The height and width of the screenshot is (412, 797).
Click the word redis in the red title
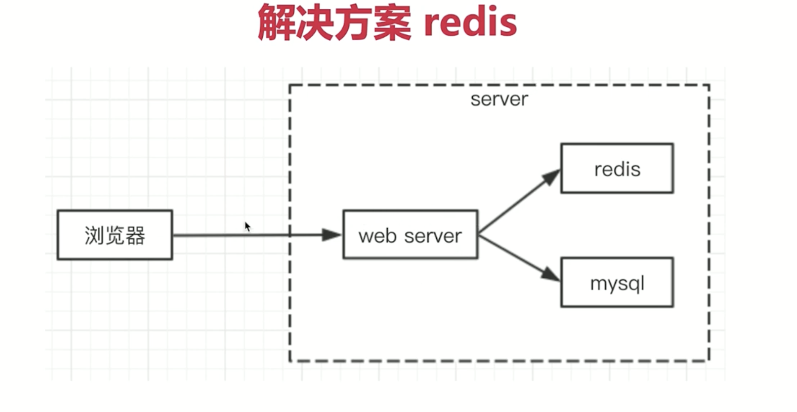470,23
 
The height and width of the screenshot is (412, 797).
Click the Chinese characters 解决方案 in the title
334,23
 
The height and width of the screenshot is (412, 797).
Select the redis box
617,168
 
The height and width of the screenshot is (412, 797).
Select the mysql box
617,283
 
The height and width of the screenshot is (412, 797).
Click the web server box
410,235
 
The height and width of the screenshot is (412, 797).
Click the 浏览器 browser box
115,235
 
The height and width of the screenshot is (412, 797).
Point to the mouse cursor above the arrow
247,227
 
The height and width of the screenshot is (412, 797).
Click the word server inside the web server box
433,236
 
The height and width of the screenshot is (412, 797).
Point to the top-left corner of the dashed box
290,85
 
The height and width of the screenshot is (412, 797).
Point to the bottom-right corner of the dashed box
709,361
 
